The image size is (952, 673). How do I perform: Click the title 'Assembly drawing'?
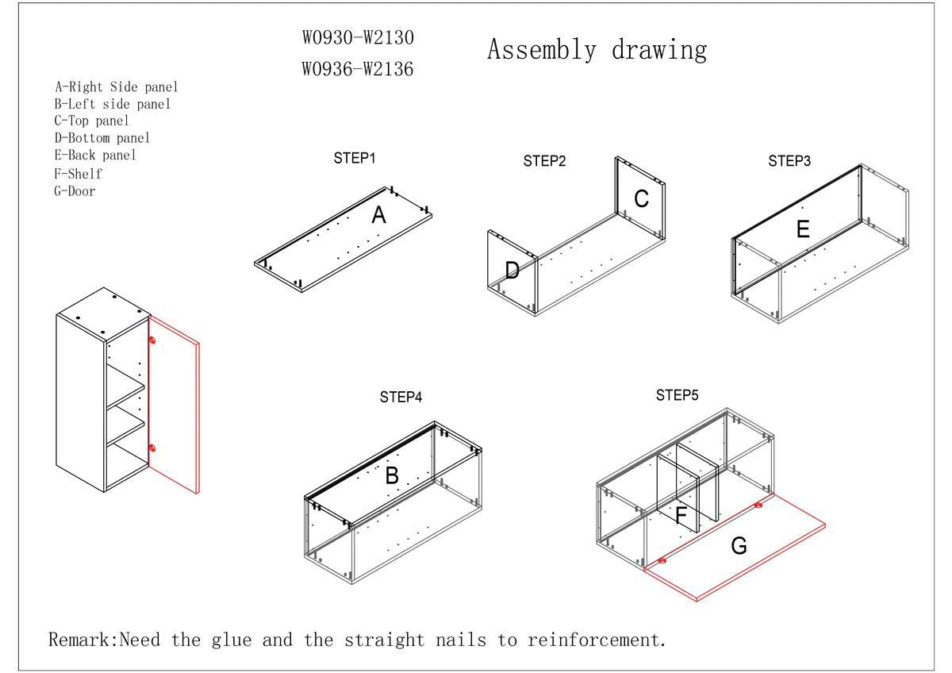[597, 50]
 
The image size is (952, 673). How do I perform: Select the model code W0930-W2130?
[358, 37]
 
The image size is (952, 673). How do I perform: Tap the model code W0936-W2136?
[358, 69]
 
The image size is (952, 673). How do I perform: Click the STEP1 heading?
[355, 158]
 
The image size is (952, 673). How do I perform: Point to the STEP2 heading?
[544, 161]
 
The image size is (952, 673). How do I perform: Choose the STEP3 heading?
[789, 161]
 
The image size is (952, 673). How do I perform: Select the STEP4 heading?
[401, 397]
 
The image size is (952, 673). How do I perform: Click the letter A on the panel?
[379, 215]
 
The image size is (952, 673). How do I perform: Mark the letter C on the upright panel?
[641, 199]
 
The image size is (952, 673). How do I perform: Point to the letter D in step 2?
[512, 271]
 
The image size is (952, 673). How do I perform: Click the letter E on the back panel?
[803, 230]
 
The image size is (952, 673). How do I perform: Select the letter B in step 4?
[392, 476]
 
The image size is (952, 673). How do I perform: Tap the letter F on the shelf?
[681, 516]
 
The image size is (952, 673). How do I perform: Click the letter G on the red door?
[739, 546]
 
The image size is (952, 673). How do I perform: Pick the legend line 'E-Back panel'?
[95, 156]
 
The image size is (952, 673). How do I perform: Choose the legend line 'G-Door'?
[75, 190]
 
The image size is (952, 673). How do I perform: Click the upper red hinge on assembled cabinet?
[152, 340]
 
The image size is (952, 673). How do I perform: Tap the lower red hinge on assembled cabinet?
[152, 448]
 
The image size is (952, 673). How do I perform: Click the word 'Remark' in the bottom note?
[83, 640]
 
